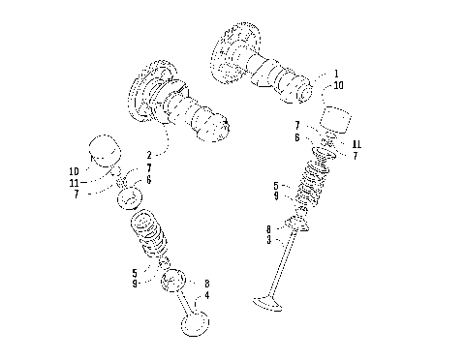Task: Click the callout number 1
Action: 336,74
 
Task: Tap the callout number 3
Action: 268,239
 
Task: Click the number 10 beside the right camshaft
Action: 336,85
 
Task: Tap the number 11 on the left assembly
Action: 74,182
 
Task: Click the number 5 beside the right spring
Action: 275,185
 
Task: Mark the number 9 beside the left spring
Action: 135,284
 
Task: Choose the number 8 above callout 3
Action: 268,229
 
